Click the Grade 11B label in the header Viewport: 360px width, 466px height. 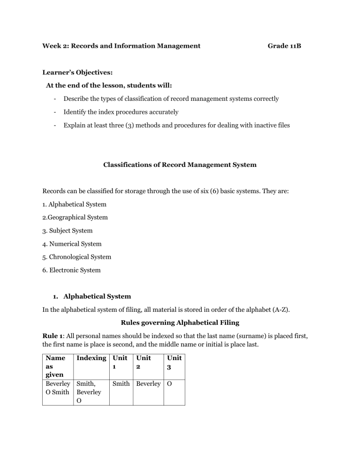[284, 46]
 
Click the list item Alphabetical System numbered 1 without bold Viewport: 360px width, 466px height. [74, 204]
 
